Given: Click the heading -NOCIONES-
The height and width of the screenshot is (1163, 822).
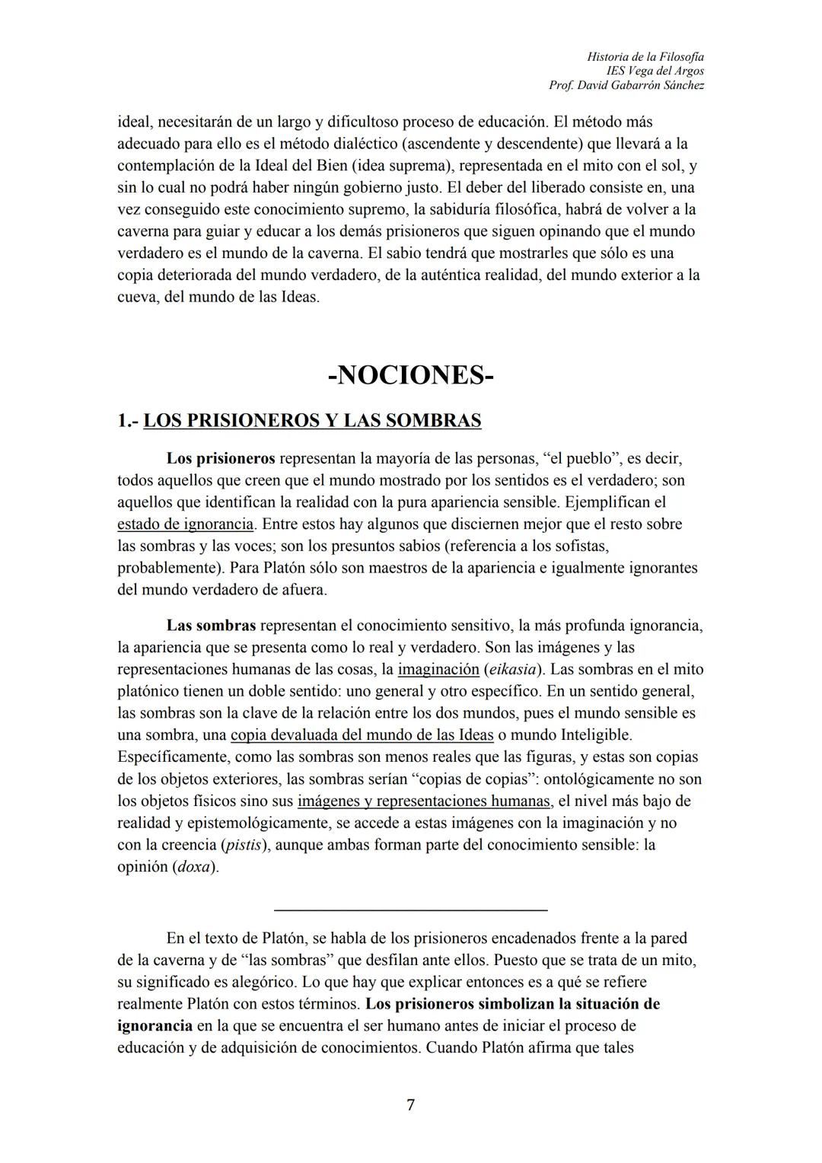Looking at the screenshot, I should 410,375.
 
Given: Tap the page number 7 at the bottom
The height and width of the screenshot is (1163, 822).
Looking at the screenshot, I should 410,1104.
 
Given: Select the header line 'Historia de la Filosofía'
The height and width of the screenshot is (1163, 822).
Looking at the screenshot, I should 645,57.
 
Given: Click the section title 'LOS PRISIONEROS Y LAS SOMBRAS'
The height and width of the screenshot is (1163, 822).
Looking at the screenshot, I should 312,421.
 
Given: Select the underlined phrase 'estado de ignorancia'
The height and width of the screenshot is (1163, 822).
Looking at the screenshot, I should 185,524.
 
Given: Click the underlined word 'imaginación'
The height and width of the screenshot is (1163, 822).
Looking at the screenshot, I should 438,670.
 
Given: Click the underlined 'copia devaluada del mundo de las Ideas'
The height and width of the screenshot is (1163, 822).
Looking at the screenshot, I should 362,735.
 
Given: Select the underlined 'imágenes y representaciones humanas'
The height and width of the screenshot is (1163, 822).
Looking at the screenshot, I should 424,801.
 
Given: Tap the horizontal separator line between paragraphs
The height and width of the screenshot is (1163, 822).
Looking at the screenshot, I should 410,910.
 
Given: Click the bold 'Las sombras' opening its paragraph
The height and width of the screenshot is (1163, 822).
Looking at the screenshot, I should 211,626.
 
